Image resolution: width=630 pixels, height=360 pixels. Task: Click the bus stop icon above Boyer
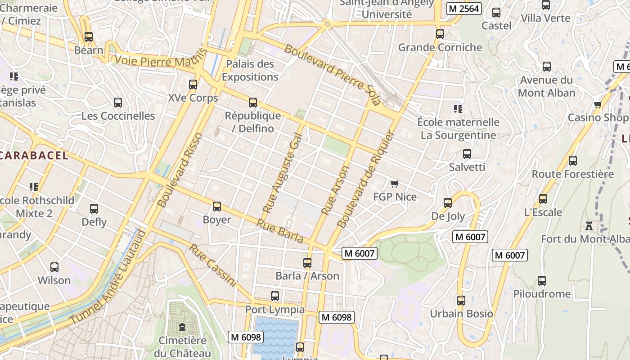217,207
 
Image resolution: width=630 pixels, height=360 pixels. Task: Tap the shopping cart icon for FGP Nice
395,184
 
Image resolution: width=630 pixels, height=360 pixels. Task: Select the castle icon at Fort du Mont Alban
589,225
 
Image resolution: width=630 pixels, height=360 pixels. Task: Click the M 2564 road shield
463,9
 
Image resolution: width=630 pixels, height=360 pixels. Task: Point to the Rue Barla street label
280,231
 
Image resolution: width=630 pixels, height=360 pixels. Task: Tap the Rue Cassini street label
212,265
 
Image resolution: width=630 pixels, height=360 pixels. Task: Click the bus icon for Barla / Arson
307,263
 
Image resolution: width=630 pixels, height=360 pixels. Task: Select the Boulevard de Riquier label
365,179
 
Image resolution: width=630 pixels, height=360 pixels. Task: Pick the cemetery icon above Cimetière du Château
182,327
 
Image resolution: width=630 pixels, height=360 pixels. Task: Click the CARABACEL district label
34,156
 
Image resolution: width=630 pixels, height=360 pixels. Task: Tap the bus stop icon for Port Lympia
275,296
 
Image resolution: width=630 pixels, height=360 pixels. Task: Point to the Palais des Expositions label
250,71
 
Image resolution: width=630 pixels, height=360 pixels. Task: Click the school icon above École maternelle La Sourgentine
458,108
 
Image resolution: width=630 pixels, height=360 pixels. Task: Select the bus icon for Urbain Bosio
461,301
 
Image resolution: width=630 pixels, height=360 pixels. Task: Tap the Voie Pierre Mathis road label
161,60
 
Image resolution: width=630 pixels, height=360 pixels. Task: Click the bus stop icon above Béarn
89,37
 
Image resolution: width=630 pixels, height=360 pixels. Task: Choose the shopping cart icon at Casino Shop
598,105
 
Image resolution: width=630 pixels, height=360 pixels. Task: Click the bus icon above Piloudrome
542,281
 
